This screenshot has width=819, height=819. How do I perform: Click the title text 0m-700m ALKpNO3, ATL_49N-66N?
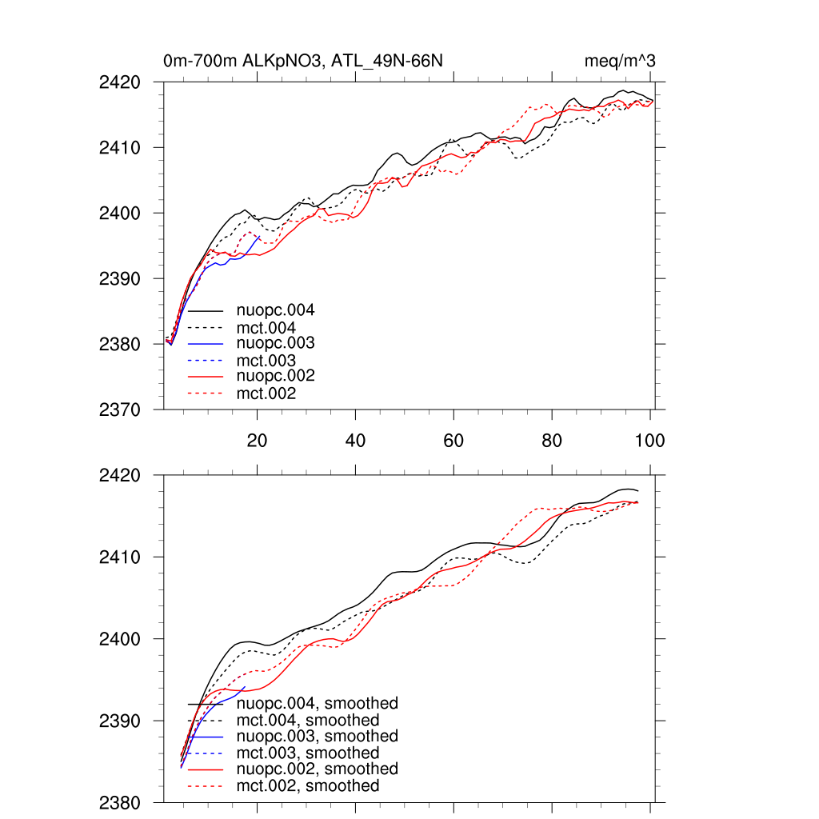pos(303,61)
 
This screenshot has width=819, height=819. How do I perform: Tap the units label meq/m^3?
pos(621,61)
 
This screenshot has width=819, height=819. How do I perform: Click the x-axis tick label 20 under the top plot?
pos(257,441)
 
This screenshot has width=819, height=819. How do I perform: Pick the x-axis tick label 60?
pos(453,441)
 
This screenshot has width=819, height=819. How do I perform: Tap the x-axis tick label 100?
pos(649,441)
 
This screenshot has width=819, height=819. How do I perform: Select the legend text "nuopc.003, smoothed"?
pos(317,736)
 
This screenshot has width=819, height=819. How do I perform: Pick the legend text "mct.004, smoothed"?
pos(307,721)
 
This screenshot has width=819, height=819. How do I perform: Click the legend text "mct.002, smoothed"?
pos(307,786)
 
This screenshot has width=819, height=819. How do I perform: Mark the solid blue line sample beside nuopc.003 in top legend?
pos(206,343)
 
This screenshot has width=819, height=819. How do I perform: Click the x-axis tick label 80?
pos(552,441)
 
